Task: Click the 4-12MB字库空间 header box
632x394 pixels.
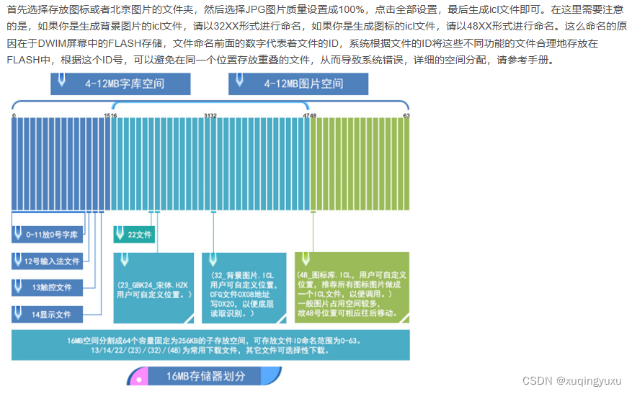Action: pyautogui.click(x=120, y=84)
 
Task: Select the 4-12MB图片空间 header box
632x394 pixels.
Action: pyautogui.click(x=298, y=84)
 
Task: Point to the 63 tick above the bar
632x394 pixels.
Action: pyautogui.click(x=406, y=115)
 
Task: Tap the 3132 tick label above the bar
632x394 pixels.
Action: pyautogui.click(x=210, y=115)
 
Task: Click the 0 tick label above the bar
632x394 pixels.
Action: pyautogui.click(x=14, y=115)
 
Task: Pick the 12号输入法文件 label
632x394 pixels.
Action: pyautogui.click(x=47, y=261)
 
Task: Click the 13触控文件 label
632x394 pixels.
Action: pyautogui.click(x=47, y=287)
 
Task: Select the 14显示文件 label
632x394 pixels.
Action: pyautogui.click(x=47, y=314)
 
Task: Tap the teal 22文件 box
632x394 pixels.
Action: pyautogui.click(x=134, y=234)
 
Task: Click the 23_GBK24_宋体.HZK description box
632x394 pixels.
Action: pyautogui.click(x=153, y=287)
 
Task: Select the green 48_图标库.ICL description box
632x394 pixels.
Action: pyautogui.click(x=352, y=287)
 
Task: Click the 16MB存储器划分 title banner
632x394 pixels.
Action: pyautogui.click(x=204, y=376)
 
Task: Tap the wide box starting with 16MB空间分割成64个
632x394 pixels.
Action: pyautogui.click(x=210, y=345)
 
